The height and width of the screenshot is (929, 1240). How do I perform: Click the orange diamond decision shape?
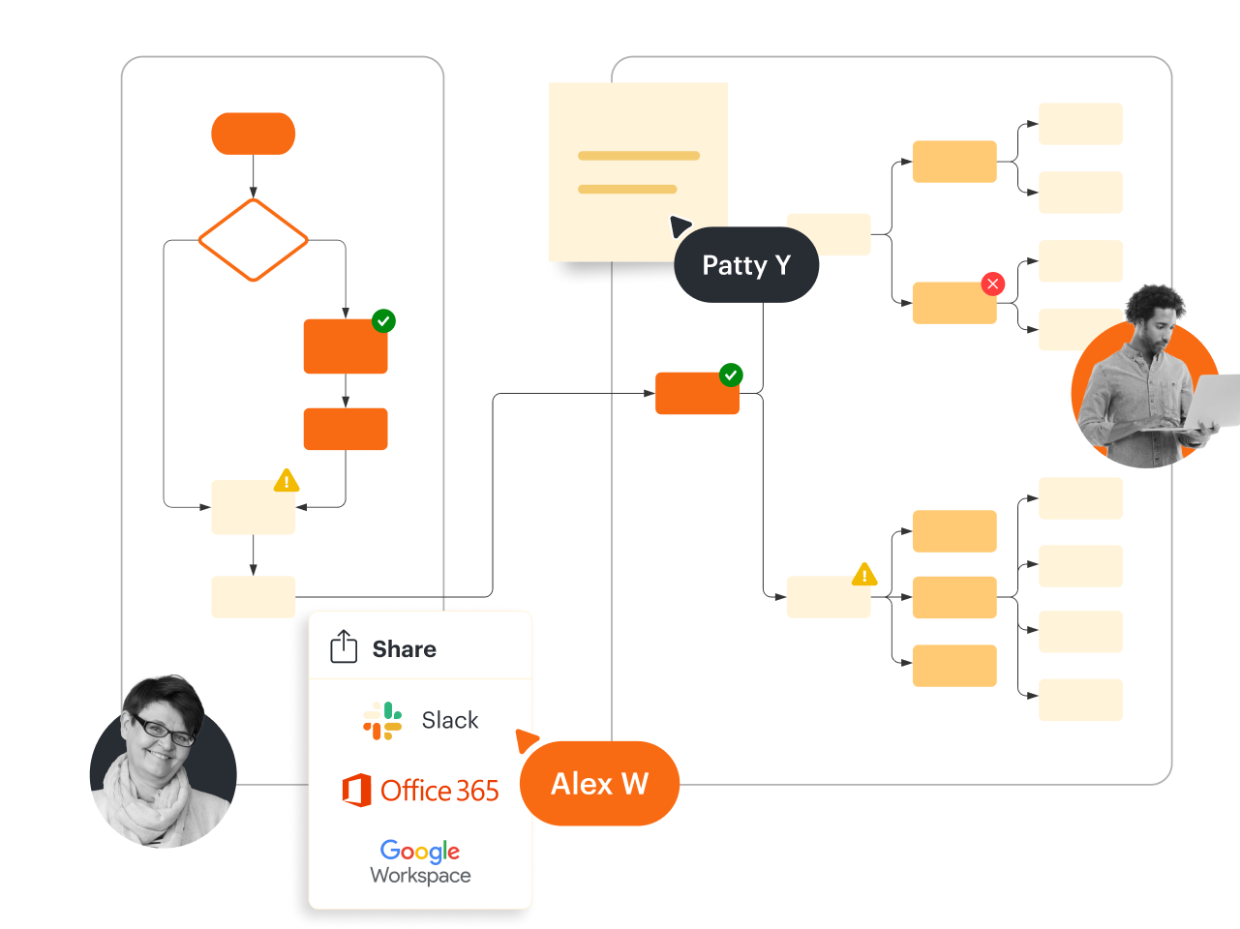(x=253, y=240)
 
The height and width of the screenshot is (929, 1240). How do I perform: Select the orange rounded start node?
(x=253, y=134)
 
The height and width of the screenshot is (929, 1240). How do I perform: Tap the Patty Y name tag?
(x=746, y=265)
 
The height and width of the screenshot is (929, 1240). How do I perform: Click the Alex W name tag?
(x=599, y=784)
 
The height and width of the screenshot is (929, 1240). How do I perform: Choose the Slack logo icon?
(x=382, y=721)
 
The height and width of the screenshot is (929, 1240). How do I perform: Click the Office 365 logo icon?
(x=356, y=791)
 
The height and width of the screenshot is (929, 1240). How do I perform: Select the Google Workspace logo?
(x=420, y=861)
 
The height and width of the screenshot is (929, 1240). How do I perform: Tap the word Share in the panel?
(x=404, y=649)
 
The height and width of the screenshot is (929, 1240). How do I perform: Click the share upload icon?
(x=344, y=646)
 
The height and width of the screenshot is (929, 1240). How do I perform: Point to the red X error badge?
(x=992, y=284)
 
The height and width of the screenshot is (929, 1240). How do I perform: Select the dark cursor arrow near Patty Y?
(x=680, y=226)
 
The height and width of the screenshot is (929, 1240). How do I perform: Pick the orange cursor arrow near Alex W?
(x=526, y=740)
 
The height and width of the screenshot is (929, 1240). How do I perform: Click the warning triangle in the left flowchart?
(x=287, y=481)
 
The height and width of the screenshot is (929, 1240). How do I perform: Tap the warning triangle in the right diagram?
(x=864, y=575)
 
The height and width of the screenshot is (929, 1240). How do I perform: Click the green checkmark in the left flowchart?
(x=383, y=320)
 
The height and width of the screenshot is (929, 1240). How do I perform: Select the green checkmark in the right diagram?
(x=731, y=375)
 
